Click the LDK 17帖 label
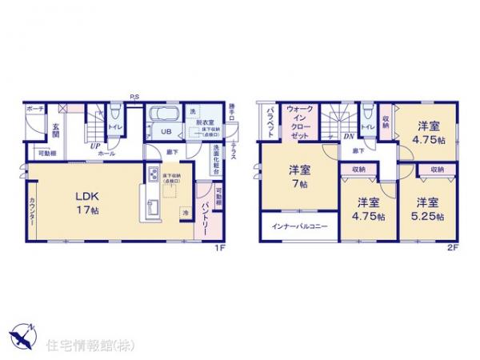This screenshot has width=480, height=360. (x=88, y=200)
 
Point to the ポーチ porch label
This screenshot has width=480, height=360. (x=34, y=108)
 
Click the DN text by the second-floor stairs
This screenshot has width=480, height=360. (x=350, y=137)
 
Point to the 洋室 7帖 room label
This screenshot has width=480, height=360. (x=299, y=176)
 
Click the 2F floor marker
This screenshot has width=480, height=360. (x=451, y=246)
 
